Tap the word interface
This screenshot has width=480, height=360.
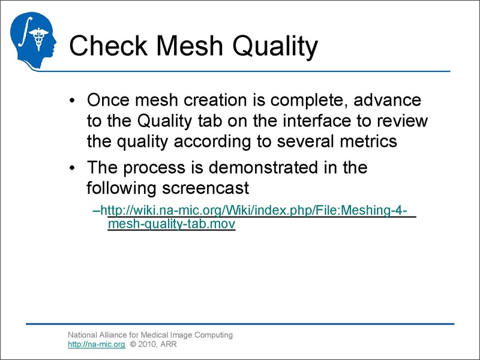[313, 121]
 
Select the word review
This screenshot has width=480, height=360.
[401, 121]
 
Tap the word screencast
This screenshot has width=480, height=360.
[205, 188]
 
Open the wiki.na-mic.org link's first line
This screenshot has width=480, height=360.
[258, 211]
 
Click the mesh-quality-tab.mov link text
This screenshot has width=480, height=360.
[171, 224]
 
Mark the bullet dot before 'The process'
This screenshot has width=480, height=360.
[72, 167]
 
